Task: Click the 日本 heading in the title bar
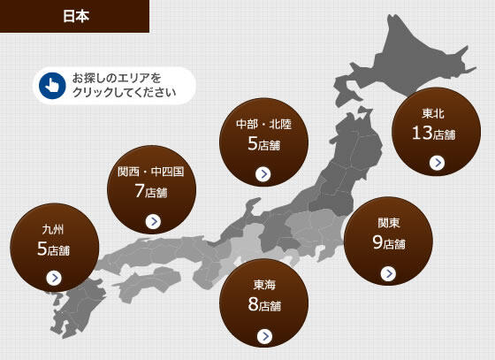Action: pos(74,16)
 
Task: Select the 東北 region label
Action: pos(433,113)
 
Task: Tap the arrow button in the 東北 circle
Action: pos(436,163)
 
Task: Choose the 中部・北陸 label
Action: pos(263,124)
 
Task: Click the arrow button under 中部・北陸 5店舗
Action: pos(263,173)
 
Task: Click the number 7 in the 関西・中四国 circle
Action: pos(139,190)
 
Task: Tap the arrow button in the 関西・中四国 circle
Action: pos(153,221)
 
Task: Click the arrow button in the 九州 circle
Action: pos(54,277)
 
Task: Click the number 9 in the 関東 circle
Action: pos(377,242)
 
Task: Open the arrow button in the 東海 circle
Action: pos(264,335)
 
